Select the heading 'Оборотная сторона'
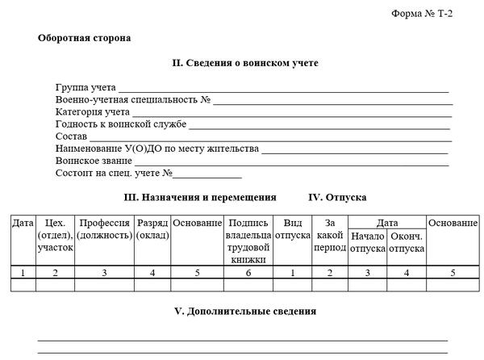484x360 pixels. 84,38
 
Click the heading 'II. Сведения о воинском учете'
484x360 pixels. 245,63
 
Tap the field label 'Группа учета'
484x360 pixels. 86,87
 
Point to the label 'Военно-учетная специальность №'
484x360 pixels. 133,99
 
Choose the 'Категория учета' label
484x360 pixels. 93,111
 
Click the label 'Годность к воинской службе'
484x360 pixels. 121,124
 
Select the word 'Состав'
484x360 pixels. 72,136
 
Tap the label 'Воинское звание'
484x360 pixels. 94,161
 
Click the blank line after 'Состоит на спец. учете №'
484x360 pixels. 207,174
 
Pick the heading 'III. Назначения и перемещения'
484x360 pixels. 200,197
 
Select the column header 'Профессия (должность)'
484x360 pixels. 104,229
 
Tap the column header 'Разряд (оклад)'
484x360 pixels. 152,229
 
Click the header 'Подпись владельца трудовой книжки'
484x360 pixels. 248,241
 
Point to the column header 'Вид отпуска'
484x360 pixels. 291,229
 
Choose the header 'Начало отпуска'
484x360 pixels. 368,242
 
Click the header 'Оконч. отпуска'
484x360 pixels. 407,242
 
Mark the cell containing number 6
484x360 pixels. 248,273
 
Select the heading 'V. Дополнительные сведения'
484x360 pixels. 245,311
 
